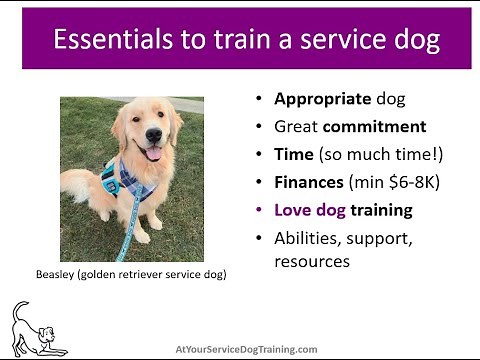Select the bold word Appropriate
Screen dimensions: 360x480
click(320, 100)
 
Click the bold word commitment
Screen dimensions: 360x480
click(376, 127)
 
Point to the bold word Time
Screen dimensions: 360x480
click(293, 155)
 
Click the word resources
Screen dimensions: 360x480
click(312, 262)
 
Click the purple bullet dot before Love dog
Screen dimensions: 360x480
click(260, 211)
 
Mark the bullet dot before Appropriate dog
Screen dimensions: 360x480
click(260, 100)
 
